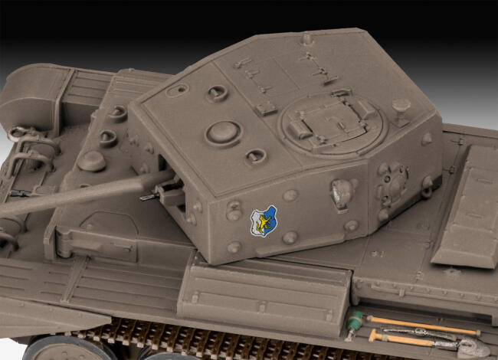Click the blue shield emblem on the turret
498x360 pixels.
(x=263, y=221)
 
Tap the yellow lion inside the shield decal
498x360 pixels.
(x=263, y=221)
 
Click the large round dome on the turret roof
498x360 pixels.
(x=224, y=131)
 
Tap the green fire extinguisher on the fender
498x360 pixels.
(x=353, y=321)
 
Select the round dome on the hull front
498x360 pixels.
(x=92, y=161)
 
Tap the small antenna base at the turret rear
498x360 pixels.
(x=306, y=38)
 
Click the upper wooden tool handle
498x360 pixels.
(x=421, y=324)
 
